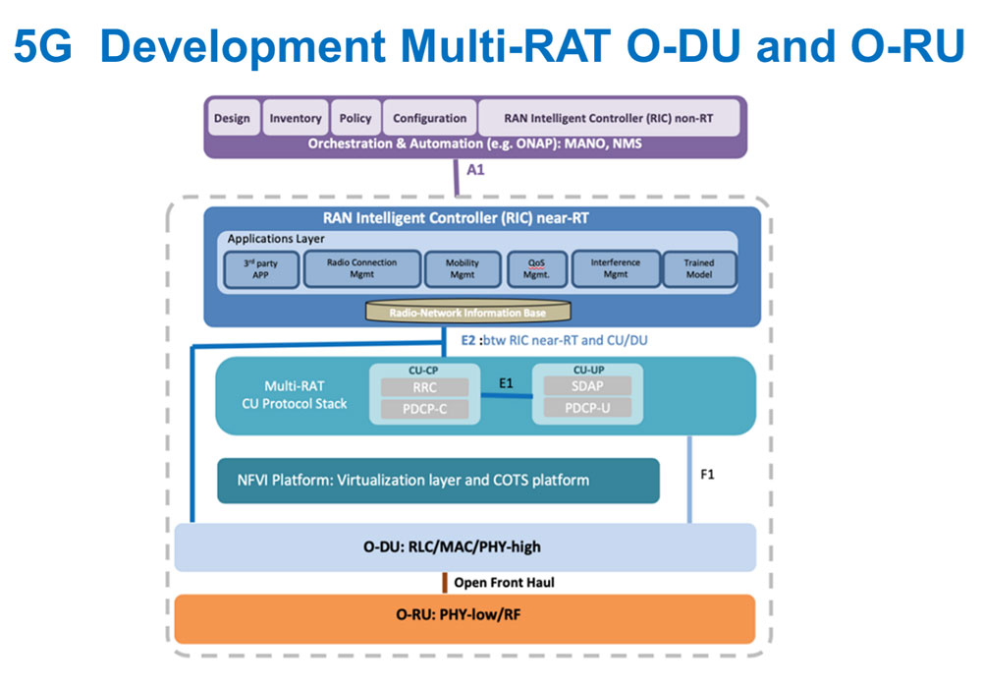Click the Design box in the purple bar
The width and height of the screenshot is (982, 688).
[232, 118]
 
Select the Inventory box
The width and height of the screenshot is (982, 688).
[296, 118]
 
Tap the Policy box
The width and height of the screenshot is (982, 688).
[355, 118]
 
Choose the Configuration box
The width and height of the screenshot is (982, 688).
[429, 118]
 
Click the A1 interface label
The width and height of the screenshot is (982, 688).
[475, 170]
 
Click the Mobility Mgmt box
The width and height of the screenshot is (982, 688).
[463, 269]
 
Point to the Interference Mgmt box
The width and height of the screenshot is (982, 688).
[615, 269]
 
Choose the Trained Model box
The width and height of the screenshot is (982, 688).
[699, 269]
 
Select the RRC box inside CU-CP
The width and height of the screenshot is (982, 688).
[425, 387]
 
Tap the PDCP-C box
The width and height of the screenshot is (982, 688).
[425, 409]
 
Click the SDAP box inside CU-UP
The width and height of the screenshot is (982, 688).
[586, 386]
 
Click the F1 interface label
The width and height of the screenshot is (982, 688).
[709, 473]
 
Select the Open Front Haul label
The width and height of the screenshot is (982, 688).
[504, 583]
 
